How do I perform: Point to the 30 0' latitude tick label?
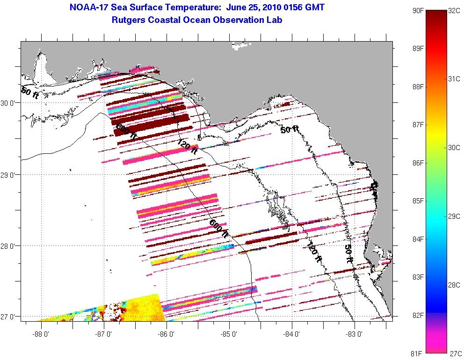[9, 103]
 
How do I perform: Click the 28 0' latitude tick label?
[9, 246]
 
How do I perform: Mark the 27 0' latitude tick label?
[9, 317]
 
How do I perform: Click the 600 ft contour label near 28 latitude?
[219, 228]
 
